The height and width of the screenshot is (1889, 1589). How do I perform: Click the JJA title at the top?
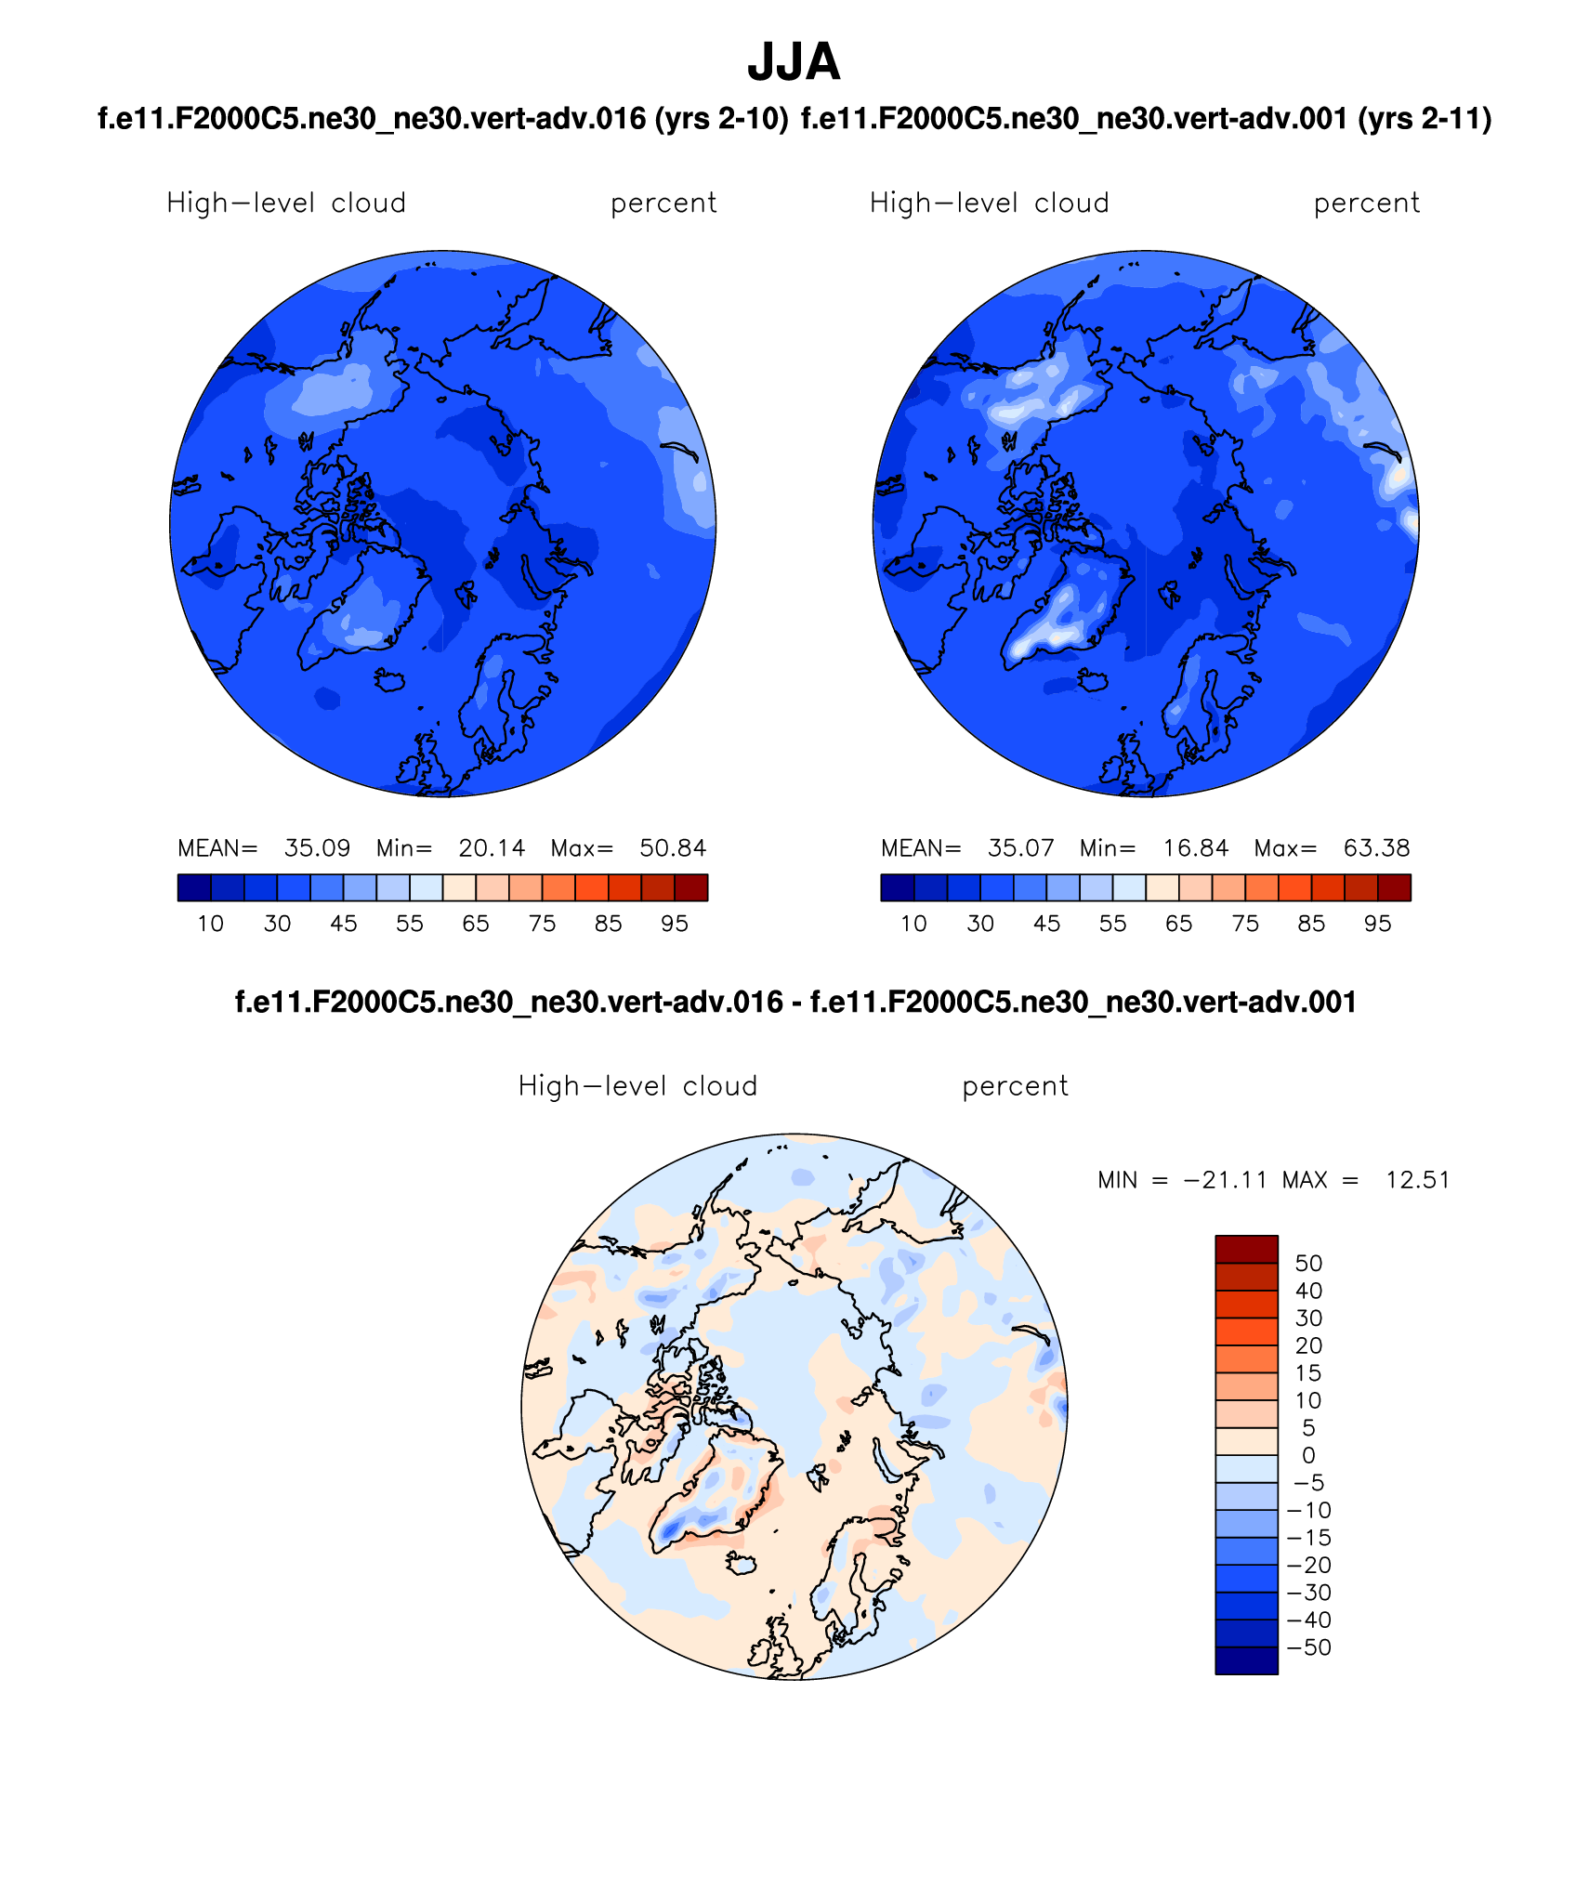(794, 62)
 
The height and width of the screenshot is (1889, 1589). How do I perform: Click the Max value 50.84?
(673, 848)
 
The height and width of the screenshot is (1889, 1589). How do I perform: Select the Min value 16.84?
(1195, 848)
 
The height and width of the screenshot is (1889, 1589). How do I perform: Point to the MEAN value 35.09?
(317, 848)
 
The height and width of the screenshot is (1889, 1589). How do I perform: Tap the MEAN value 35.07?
(1020, 848)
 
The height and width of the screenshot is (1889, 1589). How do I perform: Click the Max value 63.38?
(1376, 848)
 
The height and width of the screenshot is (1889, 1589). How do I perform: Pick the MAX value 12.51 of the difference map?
(1417, 1180)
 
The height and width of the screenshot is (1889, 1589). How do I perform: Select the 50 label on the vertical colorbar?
(1308, 1264)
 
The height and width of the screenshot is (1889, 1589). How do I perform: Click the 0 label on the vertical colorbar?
(1308, 1455)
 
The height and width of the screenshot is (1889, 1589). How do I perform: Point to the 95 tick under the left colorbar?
(675, 924)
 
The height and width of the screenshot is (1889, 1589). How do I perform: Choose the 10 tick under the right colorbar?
(913, 924)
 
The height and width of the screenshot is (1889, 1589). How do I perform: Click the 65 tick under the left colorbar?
(476, 924)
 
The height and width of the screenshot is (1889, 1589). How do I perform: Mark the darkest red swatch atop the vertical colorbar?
(1246, 1249)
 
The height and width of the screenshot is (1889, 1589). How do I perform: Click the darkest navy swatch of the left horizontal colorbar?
(193, 887)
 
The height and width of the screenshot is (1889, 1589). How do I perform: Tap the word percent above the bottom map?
(1015, 1086)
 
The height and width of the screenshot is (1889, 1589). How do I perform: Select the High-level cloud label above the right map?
(989, 203)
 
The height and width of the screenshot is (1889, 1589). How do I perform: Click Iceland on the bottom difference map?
(742, 1565)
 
